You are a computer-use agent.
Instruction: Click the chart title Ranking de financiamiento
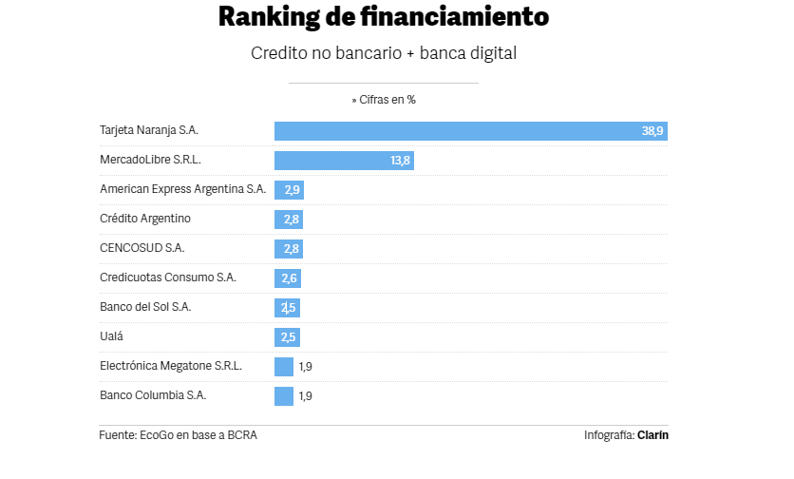(x=383, y=17)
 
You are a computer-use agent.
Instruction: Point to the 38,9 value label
(x=652, y=131)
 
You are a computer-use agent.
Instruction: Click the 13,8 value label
(x=400, y=161)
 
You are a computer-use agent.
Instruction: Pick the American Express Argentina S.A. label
(x=182, y=189)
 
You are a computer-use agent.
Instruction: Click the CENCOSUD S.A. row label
(x=142, y=248)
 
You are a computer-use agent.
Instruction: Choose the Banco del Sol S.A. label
(x=145, y=307)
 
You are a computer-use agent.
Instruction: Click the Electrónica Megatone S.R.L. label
(x=171, y=366)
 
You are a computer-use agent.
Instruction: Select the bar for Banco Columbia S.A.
(x=284, y=396)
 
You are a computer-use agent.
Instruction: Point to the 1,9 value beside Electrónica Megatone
(x=306, y=367)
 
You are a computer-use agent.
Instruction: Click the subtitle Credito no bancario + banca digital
(x=383, y=53)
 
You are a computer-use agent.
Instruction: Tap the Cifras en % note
(x=383, y=99)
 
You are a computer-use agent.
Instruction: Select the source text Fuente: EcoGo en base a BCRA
(x=179, y=435)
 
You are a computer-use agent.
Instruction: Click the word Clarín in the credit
(x=653, y=435)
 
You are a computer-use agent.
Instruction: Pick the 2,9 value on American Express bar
(x=293, y=190)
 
